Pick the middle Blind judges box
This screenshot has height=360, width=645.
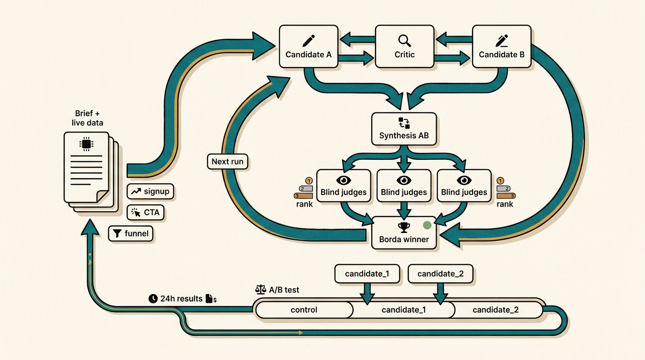pyautogui.click(x=404, y=186)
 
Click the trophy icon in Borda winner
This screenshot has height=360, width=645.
pyautogui.click(x=403, y=227)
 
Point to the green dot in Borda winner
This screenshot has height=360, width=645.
pyautogui.click(x=427, y=225)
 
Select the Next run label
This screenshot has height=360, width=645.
pyautogui.click(x=227, y=162)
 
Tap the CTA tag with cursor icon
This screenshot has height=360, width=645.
pyautogui.click(x=146, y=212)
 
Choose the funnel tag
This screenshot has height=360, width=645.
pyautogui.click(x=131, y=233)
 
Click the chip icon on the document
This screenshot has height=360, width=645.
pyautogui.click(x=86, y=144)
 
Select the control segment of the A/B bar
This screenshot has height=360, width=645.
pyautogui.click(x=304, y=310)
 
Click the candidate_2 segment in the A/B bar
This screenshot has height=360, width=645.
pyautogui.click(x=495, y=310)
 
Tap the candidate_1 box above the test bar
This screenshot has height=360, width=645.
pyautogui.click(x=367, y=274)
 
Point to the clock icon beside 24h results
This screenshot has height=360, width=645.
pyautogui.click(x=152, y=299)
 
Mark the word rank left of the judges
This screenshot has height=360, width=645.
pyautogui.click(x=304, y=204)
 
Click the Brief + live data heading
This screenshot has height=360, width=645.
pyautogui.click(x=87, y=118)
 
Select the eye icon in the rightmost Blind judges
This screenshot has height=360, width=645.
pyautogui.click(x=464, y=180)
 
